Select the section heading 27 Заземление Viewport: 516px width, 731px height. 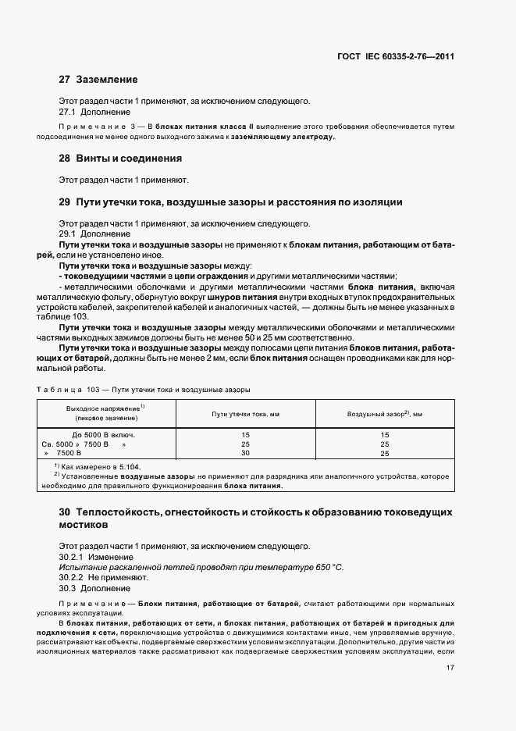click(98, 80)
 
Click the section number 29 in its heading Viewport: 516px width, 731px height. click(65, 202)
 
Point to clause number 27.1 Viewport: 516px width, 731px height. click(68, 112)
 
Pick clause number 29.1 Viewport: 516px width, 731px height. click(68, 234)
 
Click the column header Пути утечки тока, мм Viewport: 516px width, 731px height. click(245, 413)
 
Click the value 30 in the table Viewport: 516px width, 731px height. click(245, 453)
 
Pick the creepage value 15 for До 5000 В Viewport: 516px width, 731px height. click(245, 434)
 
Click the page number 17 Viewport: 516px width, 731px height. click(450, 668)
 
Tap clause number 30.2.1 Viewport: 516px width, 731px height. click(72, 556)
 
